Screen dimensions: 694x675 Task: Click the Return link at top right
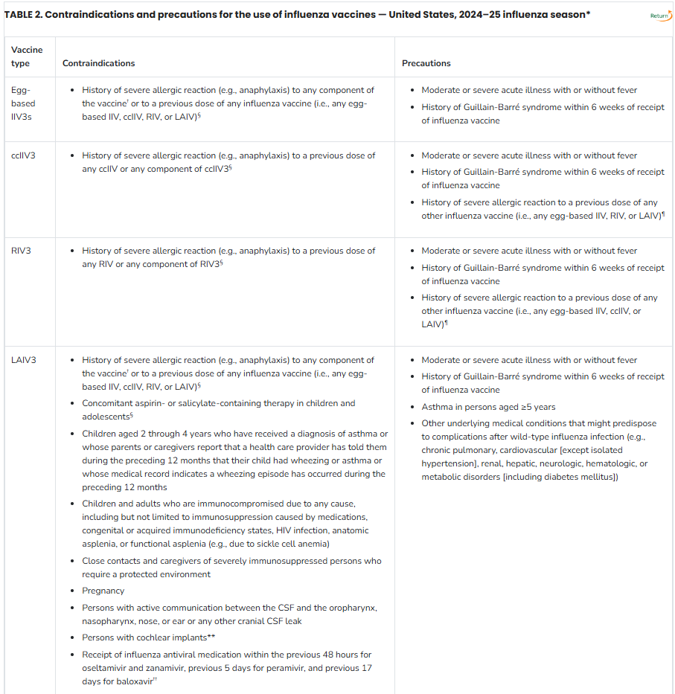coord(659,16)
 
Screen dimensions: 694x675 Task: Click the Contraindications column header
coord(99,64)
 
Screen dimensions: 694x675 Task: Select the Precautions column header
coord(426,64)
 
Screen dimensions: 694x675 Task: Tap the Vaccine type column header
coord(27,57)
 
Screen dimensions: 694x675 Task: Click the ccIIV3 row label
coord(24,155)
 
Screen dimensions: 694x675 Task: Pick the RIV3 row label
coord(22,251)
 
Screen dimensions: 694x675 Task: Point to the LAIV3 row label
coord(24,360)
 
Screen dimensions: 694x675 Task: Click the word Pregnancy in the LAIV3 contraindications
coord(103,591)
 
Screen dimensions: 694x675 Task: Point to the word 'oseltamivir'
coord(107,668)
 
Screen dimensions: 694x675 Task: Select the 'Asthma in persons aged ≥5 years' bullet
coord(488,407)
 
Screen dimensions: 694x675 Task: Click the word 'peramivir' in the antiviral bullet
coord(261,668)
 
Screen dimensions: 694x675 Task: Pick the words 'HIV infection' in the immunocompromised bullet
coord(306,530)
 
